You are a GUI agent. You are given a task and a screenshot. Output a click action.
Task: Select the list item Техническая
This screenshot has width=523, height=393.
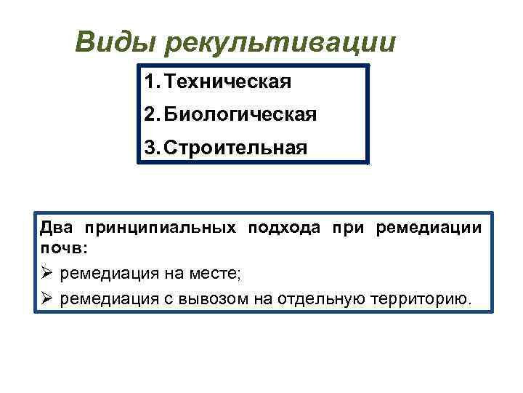click(228, 82)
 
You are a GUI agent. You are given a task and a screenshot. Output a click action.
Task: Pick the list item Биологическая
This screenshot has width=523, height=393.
click(240, 115)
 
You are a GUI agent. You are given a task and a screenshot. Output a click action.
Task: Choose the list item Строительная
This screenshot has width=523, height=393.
click(235, 148)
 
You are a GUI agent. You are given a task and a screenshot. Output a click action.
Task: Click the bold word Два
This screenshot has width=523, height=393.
click(57, 229)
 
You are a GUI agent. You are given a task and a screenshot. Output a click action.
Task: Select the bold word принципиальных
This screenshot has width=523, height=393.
click(160, 229)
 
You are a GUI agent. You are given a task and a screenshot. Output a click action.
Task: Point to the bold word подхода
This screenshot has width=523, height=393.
click(284, 229)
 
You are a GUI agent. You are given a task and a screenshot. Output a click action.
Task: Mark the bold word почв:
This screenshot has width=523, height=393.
click(63, 248)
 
